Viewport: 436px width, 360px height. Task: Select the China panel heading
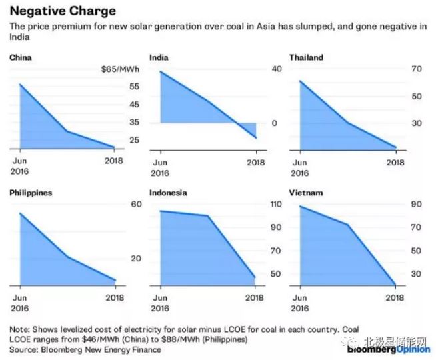pyautogui.click(x=21, y=57)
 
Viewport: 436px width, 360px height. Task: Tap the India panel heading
pyautogui.click(x=159, y=57)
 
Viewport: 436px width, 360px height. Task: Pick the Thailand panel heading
pyautogui.click(x=306, y=57)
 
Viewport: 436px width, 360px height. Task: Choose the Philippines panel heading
pyautogui.click(x=31, y=193)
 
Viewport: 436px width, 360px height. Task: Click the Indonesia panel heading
pyautogui.click(x=169, y=193)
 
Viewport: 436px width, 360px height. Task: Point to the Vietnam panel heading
pyautogui.click(x=306, y=193)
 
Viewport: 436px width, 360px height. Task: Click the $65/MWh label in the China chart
pyautogui.click(x=119, y=69)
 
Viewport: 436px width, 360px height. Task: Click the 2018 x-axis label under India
pyautogui.click(x=256, y=163)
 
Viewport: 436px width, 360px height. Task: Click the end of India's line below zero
pyautogui.click(x=256, y=137)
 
